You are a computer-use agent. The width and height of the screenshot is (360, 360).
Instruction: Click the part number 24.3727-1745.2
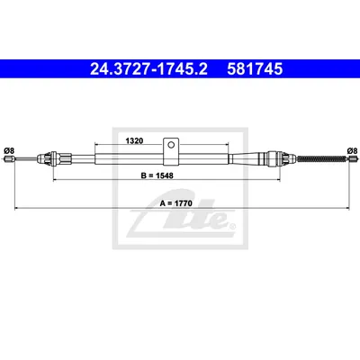[148, 69]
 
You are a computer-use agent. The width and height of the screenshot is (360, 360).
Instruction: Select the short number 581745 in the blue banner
[255, 69]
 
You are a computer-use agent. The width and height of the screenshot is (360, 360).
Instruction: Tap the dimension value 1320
[134, 140]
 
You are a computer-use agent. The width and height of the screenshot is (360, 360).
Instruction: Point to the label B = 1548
[157, 175]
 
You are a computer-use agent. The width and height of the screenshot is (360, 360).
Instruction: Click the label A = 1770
[175, 203]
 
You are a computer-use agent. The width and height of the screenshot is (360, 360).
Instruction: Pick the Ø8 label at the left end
[9, 150]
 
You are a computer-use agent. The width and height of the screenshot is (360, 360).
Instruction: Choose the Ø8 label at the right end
[352, 150]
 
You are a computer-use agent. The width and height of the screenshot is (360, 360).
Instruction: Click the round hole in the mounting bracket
[171, 145]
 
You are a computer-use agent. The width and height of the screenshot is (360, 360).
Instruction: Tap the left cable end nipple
[9, 158]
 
